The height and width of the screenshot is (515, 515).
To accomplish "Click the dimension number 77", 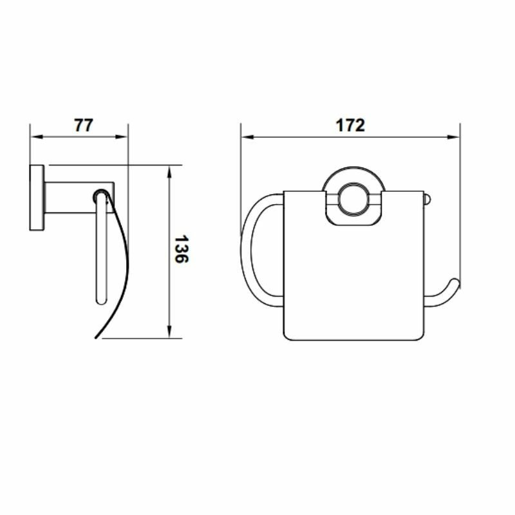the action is point(84,125).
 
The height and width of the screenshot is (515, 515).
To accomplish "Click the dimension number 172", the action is point(350,125).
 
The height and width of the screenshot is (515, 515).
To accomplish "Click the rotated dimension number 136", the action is point(181,248).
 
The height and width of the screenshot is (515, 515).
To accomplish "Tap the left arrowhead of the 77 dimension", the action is point(37,136).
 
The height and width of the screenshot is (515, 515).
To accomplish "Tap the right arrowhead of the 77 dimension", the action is point(121,136).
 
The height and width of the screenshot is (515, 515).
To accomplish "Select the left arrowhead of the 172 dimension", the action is point(247,136).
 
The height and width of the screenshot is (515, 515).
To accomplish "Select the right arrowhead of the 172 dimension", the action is point(453,136).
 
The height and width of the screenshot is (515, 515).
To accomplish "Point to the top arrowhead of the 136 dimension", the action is point(169,172).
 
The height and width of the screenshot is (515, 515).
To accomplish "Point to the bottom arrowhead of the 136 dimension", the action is point(169,332).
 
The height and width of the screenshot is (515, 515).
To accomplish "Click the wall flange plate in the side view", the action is point(37,198).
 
